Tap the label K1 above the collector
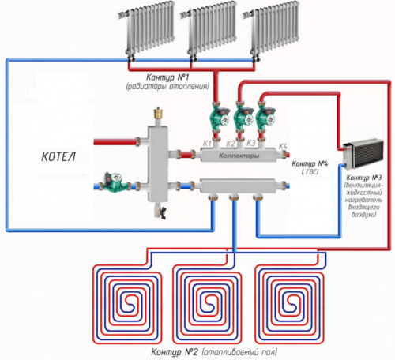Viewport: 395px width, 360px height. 207,144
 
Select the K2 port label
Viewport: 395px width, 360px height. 231,144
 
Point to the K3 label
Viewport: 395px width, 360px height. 251,143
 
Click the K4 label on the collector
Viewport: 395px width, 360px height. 283,146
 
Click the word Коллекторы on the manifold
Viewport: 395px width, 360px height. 239,156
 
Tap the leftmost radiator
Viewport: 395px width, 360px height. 146,29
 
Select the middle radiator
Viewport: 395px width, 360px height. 209,29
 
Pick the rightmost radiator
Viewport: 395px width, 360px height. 271,29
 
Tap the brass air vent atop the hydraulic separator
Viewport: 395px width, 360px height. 158,114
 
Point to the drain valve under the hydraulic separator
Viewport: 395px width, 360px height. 160,211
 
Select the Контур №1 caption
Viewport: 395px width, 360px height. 167,77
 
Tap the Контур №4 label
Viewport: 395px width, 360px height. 310,164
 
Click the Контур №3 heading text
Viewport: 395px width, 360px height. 364,178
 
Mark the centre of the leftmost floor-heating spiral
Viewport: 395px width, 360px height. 127,300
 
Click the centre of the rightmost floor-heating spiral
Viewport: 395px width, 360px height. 289,300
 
